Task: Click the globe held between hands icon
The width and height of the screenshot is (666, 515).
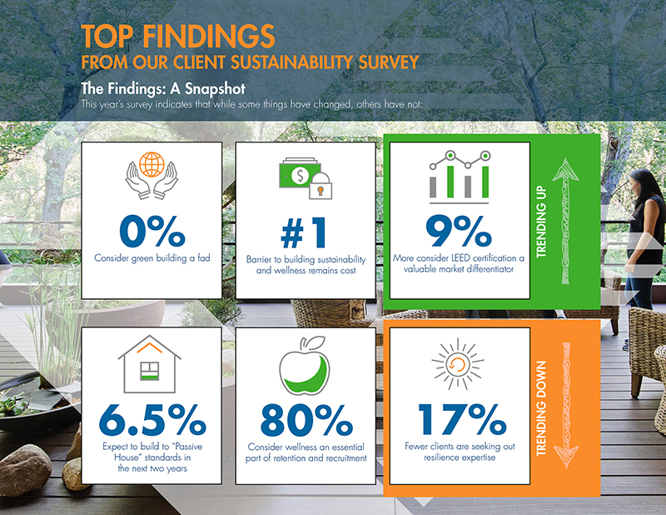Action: coord(152,177)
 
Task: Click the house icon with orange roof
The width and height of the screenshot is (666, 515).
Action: coord(151,364)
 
